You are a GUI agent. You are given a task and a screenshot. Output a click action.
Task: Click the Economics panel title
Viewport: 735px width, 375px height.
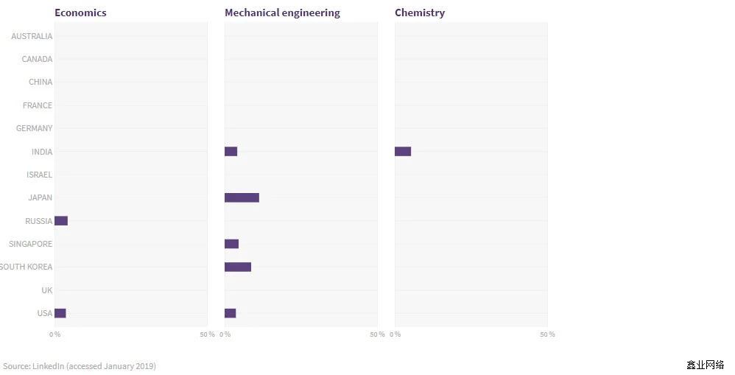(80, 13)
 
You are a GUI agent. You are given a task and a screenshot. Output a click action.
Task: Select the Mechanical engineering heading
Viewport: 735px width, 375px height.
(282, 13)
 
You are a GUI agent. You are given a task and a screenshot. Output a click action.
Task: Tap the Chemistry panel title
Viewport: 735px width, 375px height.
(420, 13)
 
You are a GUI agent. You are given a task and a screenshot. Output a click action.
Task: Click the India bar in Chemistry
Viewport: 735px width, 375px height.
(403, 151)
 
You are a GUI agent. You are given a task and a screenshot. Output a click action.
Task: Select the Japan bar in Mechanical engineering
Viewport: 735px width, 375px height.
(242, 197)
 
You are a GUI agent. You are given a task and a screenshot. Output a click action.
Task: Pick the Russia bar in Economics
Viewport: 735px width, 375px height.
(61, 221)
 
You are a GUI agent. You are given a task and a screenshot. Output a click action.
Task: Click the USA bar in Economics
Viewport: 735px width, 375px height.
(60, 313)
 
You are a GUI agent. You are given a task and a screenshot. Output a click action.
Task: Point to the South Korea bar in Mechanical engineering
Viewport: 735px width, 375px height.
(238, 267)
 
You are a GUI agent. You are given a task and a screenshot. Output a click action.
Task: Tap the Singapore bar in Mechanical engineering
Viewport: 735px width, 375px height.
(231, 244)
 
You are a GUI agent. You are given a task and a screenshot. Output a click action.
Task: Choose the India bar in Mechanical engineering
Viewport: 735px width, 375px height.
(231, 151)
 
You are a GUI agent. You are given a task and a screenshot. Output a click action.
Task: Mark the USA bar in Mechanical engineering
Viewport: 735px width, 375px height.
(230, 313)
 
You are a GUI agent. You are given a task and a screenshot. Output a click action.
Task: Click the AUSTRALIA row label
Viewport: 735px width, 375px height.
(32, 36)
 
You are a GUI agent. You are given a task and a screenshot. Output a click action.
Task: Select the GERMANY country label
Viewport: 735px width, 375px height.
(35, 128)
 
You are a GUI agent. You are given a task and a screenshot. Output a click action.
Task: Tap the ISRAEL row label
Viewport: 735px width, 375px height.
(39, 175)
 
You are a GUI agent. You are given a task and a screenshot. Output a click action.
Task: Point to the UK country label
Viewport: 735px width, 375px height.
(47, 290)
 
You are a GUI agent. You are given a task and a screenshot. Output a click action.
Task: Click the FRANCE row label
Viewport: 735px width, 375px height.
(38, 105)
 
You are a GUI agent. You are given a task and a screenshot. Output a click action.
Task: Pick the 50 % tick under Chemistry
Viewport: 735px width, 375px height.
(547, 334)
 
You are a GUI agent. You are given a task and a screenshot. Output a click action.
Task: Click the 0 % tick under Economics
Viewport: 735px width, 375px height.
(55, 334)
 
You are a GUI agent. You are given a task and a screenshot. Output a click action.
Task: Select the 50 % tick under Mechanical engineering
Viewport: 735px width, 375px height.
(377, 334)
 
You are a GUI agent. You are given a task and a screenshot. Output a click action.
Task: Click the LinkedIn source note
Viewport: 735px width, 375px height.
(80, 366)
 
